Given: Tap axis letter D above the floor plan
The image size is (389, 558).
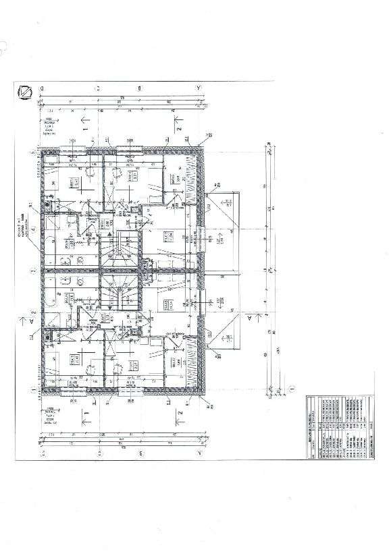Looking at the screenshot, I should tap(42, 88).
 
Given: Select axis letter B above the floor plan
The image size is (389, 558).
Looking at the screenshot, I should tap(140, 88).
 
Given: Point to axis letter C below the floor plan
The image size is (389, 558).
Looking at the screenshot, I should tap(98, 453).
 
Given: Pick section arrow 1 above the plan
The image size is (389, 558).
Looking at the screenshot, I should tap(84, 122).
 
